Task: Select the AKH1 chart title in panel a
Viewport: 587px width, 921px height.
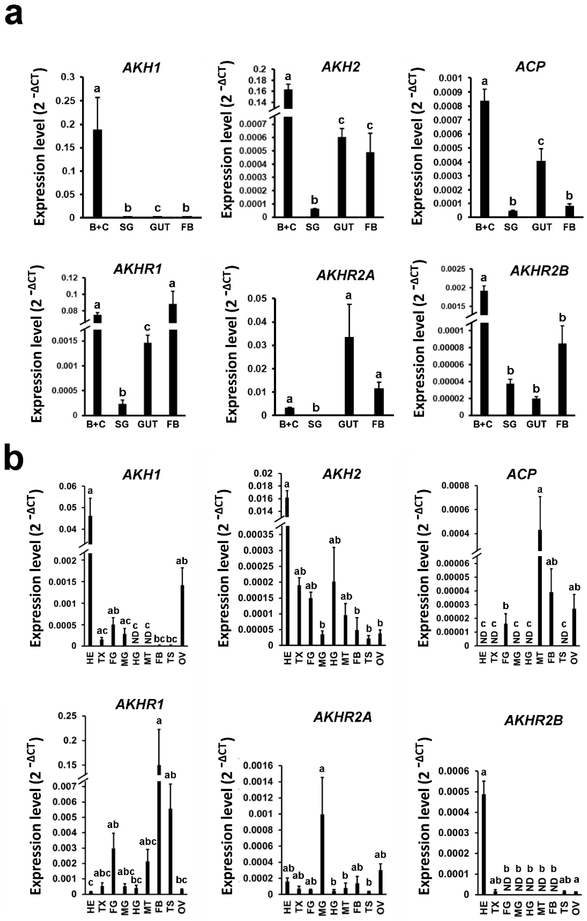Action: (141, 68)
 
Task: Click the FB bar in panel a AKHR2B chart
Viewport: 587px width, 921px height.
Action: (562, 379)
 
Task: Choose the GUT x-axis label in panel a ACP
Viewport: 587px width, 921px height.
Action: (541, 227)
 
